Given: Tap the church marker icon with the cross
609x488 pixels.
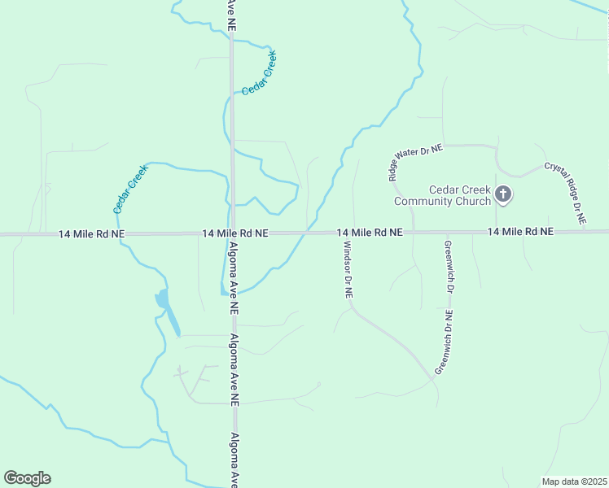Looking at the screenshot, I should [x=503, y=194].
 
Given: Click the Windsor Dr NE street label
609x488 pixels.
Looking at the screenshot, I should [x=347, y=270].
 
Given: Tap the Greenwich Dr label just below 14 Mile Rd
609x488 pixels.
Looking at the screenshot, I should [x=448, y=267].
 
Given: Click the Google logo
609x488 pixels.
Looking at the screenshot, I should [x=27, y=478].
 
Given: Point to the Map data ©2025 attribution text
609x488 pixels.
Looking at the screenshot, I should [x=574, y=481].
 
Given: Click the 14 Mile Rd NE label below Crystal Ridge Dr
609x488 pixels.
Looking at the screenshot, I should [x=520, y=232].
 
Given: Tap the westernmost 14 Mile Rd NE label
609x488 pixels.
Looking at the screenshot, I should [x=91, y=234].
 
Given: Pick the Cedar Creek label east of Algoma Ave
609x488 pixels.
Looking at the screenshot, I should [x=260, y=73].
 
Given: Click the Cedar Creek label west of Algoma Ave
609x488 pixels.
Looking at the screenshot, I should [x=130, y=189].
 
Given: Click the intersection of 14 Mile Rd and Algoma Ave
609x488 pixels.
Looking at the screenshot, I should [x=233, y=233].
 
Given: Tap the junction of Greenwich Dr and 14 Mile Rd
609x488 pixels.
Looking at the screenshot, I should [x=446, y=233].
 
